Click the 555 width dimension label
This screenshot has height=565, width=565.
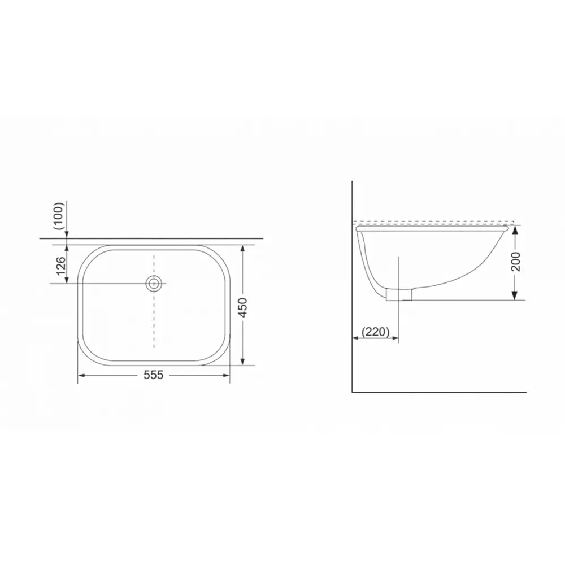154,375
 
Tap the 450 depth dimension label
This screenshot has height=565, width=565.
243,307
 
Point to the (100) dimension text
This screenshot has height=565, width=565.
58,216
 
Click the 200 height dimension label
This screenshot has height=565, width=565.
516,262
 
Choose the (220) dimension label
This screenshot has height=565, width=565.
376,332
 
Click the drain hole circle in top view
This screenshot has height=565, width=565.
154,284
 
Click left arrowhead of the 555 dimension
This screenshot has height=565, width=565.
81,376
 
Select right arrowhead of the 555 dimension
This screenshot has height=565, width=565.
226,376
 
